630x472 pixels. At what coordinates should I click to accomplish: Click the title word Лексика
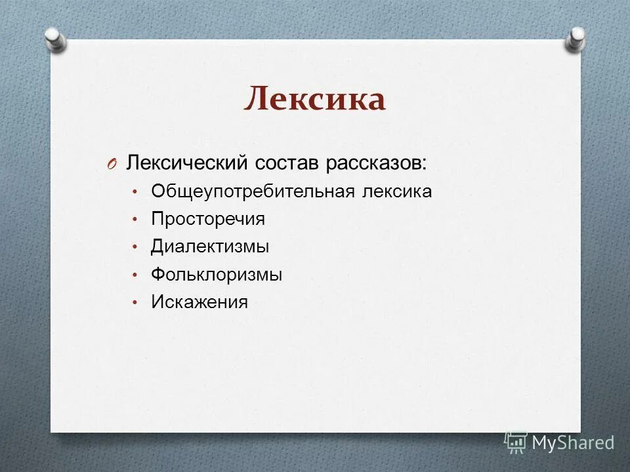tap(314, 99)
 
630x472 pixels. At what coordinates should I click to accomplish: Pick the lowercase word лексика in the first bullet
tap(396, 191)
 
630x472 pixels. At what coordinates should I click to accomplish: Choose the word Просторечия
tap(208, 219)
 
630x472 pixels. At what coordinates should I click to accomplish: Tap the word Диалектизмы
tap(210, 246)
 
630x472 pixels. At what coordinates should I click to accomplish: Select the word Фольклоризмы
tap(217, 275)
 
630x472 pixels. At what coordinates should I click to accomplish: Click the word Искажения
tap(199, 302)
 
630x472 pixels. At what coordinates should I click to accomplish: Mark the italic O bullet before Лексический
tap(110, 164)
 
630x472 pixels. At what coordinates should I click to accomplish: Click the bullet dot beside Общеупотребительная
tap(134, 192)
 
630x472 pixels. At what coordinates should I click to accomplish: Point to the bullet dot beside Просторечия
tap(134, 220)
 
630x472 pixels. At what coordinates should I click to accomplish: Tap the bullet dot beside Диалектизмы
tap(134, 247)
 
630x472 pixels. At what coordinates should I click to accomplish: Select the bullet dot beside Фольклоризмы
tap(134, 275)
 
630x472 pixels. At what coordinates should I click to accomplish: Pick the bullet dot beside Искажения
tap(134, 303)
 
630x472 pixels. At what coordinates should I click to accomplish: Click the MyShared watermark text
tap(573, 442)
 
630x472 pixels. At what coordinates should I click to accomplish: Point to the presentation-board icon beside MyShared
tap(516, 442)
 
